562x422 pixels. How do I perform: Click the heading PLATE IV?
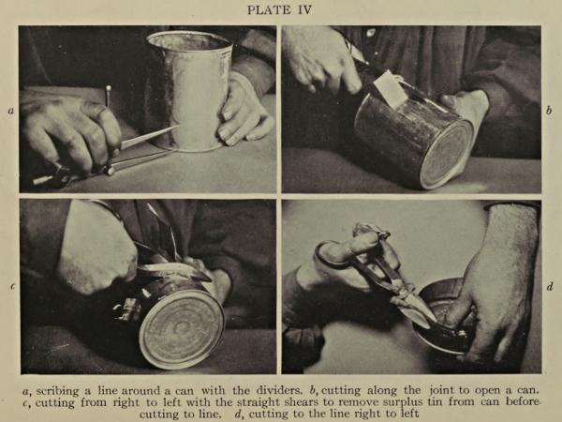[x=279, y=9]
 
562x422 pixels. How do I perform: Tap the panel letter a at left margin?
[x=11, y=111]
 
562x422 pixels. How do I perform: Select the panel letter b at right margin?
[x=549, y=111]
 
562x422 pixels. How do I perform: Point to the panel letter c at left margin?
[x=12, y=287]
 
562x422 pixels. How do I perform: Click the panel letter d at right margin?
[x=550, y=286]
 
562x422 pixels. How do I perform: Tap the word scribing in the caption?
[x=57, y=391]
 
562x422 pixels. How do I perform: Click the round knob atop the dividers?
[x=109, y=87]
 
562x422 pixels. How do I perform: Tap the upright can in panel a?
[x=190, y=90]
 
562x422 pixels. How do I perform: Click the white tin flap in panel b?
[x=389, y=90]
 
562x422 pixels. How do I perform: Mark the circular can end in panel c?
[x=182, y=329]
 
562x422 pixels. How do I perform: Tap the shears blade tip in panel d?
[x=435, y=321]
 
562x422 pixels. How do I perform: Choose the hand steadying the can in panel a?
[x=244, y=110]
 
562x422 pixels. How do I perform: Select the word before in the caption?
[x=523, y=402]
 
